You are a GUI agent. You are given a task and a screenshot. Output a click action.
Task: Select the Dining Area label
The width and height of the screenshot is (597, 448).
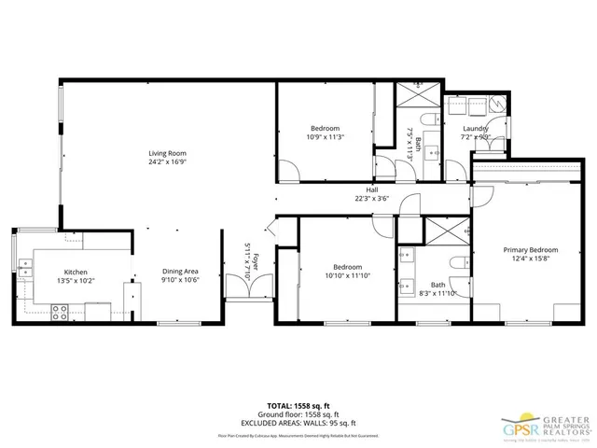tap(180, 272)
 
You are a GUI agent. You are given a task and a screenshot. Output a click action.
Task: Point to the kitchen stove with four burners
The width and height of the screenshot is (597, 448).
tap(59, 313)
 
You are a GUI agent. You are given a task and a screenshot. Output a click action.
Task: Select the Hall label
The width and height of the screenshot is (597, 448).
tap(371, 189)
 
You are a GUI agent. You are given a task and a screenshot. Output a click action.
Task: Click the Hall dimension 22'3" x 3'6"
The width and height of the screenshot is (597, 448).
tap(371, 199)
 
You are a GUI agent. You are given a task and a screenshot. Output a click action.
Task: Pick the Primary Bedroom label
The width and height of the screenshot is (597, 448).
tap(530, 249)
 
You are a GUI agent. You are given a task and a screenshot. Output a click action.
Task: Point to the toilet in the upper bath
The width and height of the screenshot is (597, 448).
tap(429, 119)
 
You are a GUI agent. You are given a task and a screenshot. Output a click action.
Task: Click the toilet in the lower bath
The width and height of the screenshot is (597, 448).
tap(456, 263)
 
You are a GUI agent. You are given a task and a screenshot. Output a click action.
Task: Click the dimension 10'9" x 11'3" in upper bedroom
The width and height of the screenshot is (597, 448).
tap(325, 137)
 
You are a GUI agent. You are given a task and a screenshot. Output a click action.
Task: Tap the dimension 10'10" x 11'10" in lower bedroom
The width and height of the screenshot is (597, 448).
tap(325, 274)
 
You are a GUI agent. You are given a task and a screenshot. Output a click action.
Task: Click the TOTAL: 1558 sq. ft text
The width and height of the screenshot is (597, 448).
tap(298, 406)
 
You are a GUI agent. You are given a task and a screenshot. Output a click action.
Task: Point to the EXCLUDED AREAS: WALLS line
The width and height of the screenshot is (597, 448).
tap(298, 423)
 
